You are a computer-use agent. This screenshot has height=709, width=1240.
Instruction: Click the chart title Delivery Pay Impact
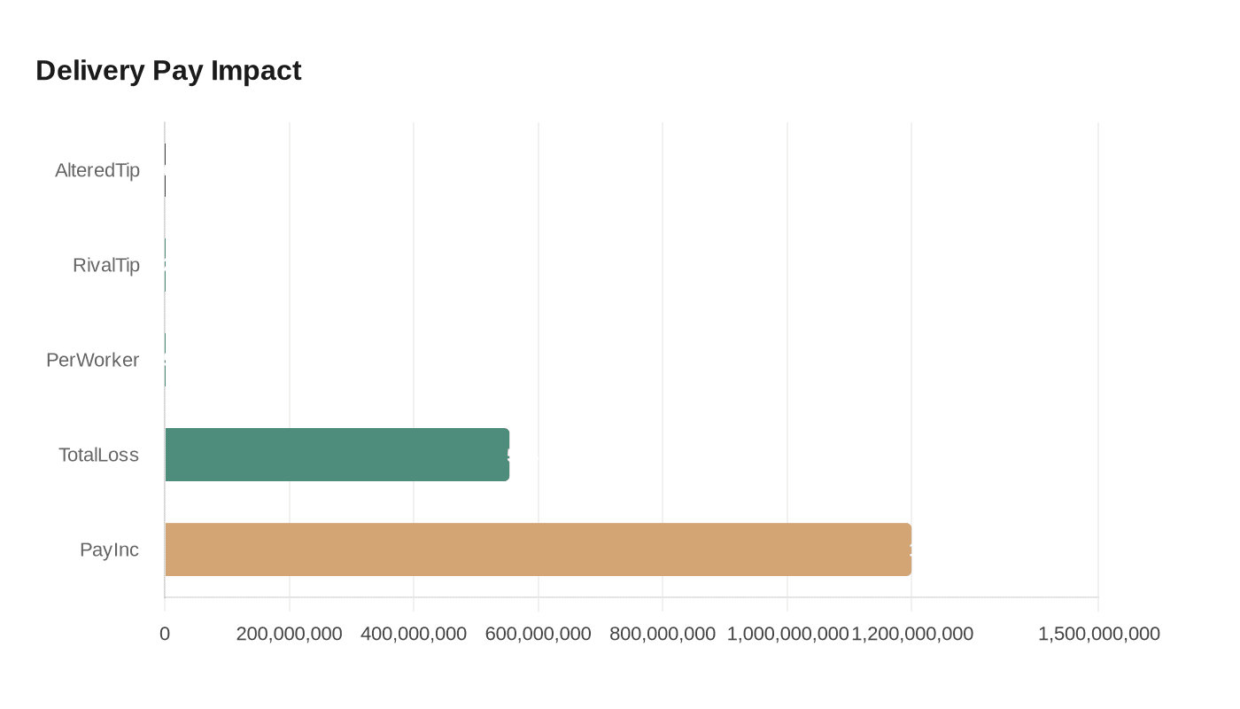point(168,70)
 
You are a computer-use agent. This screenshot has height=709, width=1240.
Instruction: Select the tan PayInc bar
point(538,549)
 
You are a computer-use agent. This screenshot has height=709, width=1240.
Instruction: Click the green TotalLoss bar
point(337,455)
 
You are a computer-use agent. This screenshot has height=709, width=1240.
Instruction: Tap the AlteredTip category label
point(97,170)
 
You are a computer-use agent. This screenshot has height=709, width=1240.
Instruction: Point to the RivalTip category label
point(106,265)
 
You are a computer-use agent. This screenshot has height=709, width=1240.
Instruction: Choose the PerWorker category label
point(93,360)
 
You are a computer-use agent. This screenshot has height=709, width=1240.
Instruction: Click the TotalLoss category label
point(99,455)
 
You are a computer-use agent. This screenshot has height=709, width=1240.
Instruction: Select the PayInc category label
point(109,549)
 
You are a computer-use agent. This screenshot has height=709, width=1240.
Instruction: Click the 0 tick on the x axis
point(165,634)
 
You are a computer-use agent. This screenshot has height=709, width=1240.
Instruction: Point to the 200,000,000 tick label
point(290,634)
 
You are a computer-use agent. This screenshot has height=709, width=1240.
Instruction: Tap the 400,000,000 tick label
point(414,634)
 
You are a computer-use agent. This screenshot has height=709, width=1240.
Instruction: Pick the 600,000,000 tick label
point(539,634)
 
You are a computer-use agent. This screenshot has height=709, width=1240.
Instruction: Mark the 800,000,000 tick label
point(663,634)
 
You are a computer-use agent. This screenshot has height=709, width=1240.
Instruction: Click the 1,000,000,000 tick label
point(787,634)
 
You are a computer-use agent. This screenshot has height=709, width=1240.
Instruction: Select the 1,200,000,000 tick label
point(912,634)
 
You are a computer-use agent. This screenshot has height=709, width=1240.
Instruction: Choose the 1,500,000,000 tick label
point(1098,634)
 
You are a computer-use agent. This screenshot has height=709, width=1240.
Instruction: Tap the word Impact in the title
point(256,70)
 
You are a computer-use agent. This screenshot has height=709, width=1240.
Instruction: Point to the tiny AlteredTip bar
point(165,170)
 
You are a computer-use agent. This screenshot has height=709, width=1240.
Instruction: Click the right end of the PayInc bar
point(909,549)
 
